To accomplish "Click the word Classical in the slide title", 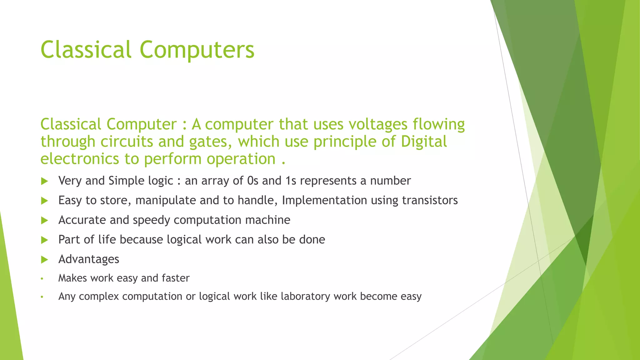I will tap(86, 50).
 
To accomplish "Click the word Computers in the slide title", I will tap(197, 50).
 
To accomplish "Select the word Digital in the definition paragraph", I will tap(424, 142).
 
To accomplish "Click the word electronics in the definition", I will tap(80, 159).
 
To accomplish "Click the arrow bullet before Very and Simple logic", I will tap(44, 181).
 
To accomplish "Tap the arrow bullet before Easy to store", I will tap(44, 201).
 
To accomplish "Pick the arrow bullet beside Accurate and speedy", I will tap(44, 221).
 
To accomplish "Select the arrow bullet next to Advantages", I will tap(44, 260).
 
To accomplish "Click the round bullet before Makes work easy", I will tap(42, 278).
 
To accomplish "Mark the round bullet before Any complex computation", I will tap(42, 297).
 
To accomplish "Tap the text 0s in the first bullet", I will tap(252, 181).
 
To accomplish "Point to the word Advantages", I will tap(89, 259).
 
